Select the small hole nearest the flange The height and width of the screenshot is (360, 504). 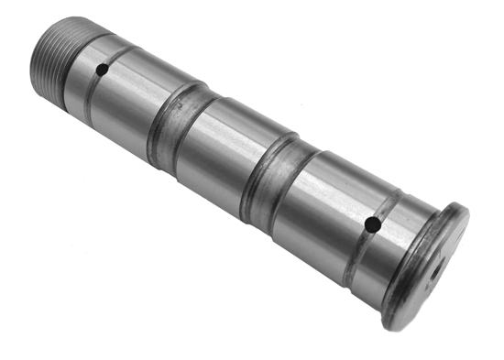tap(371, 224)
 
